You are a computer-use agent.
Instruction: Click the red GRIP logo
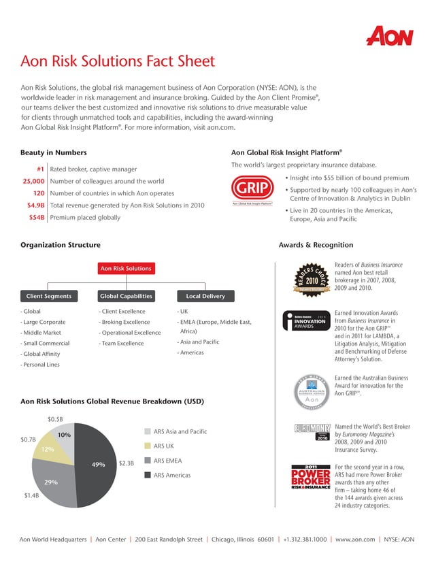click(x=252, y=188)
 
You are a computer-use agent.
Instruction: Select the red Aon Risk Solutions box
click(x=125, y=269)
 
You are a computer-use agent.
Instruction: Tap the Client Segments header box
click(x=49, y=296)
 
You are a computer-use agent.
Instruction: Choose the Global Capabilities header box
click(x=125, y=296)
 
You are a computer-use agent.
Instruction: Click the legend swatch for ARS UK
click(x=147, y=446)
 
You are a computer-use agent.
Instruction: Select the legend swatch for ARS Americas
click(x=147, y=475)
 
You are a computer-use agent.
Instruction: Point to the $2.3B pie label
click(x=127, y=464)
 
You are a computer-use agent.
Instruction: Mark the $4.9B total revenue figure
click(x=35, y=205)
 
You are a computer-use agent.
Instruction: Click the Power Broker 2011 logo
click(x=311, y=476)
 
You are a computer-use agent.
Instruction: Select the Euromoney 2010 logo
click(x=312, y=432)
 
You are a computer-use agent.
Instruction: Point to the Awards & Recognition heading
click(x=316, y=245)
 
